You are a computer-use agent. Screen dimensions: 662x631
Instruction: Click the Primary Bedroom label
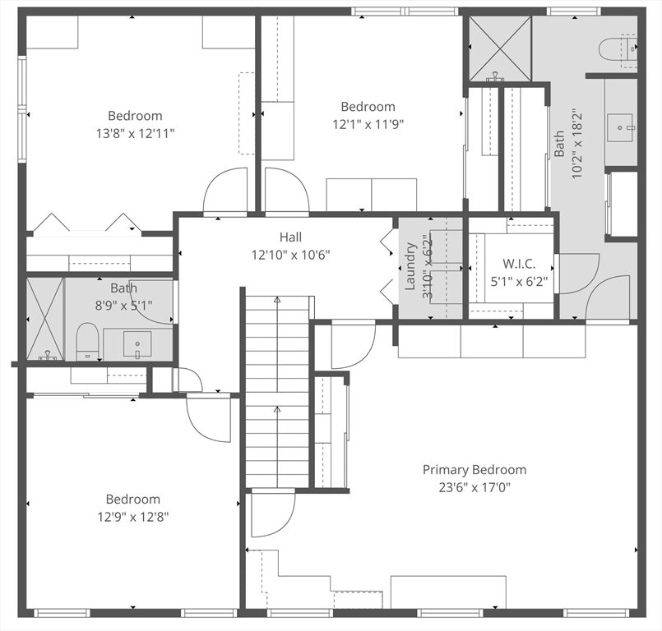(475, 469)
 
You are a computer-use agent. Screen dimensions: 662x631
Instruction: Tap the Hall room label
(290, 237)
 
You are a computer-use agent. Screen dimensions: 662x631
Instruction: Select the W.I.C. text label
(519, 264)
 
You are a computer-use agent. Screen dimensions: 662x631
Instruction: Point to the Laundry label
(410, 266)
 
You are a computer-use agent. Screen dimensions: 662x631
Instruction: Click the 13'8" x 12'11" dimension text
(135, 134)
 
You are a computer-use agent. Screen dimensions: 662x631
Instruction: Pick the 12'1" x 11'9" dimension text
(368, 124)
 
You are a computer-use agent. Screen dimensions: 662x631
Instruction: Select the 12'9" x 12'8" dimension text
(133, 517)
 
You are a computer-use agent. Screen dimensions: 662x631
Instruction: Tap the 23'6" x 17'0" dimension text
(475, 487)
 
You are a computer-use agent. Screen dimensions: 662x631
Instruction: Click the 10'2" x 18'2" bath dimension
(576, 145)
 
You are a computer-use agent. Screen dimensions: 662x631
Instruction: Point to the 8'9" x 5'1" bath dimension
(123, 305)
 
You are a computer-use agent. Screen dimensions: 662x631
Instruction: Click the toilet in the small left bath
(87, 342)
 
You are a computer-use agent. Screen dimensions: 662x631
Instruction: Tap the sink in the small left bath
(137, 343)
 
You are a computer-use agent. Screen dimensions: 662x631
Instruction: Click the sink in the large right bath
(621, 128)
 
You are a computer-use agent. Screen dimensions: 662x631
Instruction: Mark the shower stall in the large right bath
(500, 48)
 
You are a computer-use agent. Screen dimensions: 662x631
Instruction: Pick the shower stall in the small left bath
(44, 319)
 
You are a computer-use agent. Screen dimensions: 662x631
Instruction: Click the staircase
(277, 392)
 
